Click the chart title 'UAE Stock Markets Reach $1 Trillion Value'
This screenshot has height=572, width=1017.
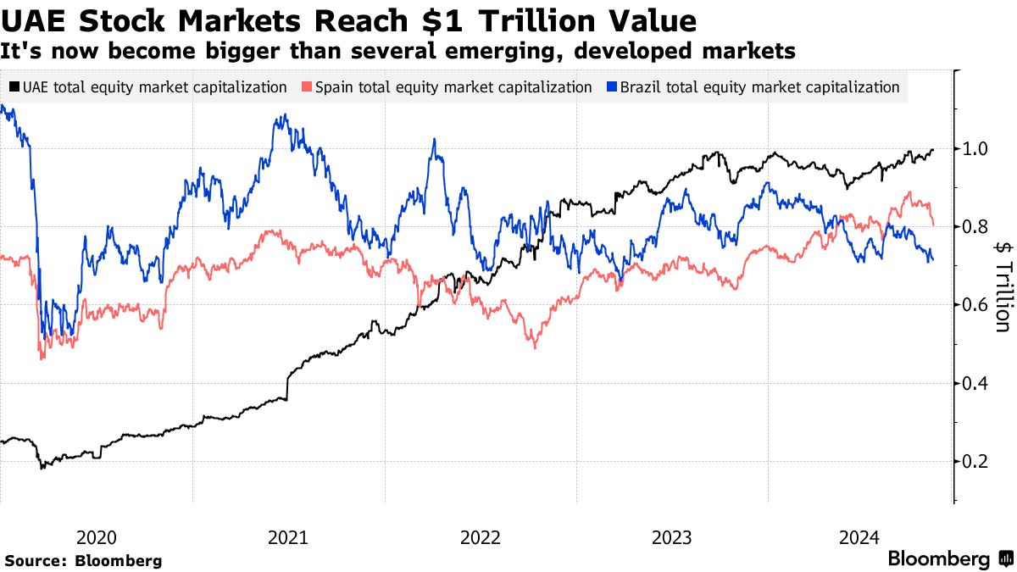click(x=348, y=19)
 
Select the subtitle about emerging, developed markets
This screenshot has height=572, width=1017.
click(x=397, y=51)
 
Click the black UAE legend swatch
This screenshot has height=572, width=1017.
click(x=14, y=86)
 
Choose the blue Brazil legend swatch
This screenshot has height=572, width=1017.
click(x=612, y=86)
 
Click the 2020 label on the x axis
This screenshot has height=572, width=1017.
click(x=96, y=536)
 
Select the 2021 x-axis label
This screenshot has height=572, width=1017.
click(x=288, y=536)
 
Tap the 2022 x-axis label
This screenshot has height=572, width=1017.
click(x=481, y=536)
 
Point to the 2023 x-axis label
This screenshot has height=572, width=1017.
click(x=672, y=536)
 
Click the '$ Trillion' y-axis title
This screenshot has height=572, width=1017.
click(x=1003, y=286)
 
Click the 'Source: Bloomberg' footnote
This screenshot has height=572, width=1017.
click(x=83, y=560)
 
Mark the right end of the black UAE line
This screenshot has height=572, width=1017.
click(x=933, y=150)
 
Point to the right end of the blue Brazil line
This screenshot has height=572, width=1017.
click(x=933, y=259)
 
